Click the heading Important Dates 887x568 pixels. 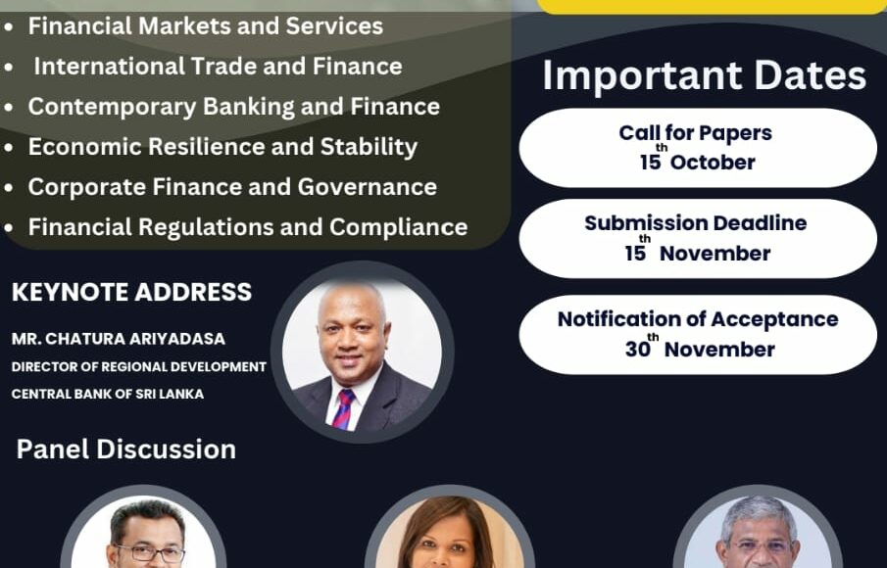click(x=705, y=75)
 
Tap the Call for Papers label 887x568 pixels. click(x=695, y=133)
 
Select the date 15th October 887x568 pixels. click(x=698, y=160)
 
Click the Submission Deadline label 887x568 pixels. click(x=696, y=223)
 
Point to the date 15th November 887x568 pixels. click(x=698, y=251)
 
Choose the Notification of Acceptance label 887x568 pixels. click(x=698, y=319)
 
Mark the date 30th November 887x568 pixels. click(x=700, y=347)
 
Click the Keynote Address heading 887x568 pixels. click(x=131, y=292)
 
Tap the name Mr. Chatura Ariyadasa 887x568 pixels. click(x=119, y=339)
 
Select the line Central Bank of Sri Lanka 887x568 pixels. click(x=108, y=394)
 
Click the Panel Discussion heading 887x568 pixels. click(x=126, y=450)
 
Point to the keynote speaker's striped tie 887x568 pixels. click(x=343, y=409)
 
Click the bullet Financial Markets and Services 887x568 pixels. click(x=206, y=26)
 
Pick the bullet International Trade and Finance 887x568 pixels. click(x=218, y=67)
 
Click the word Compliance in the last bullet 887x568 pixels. click(x=399, y=228)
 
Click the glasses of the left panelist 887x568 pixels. click(x=148, y=553)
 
